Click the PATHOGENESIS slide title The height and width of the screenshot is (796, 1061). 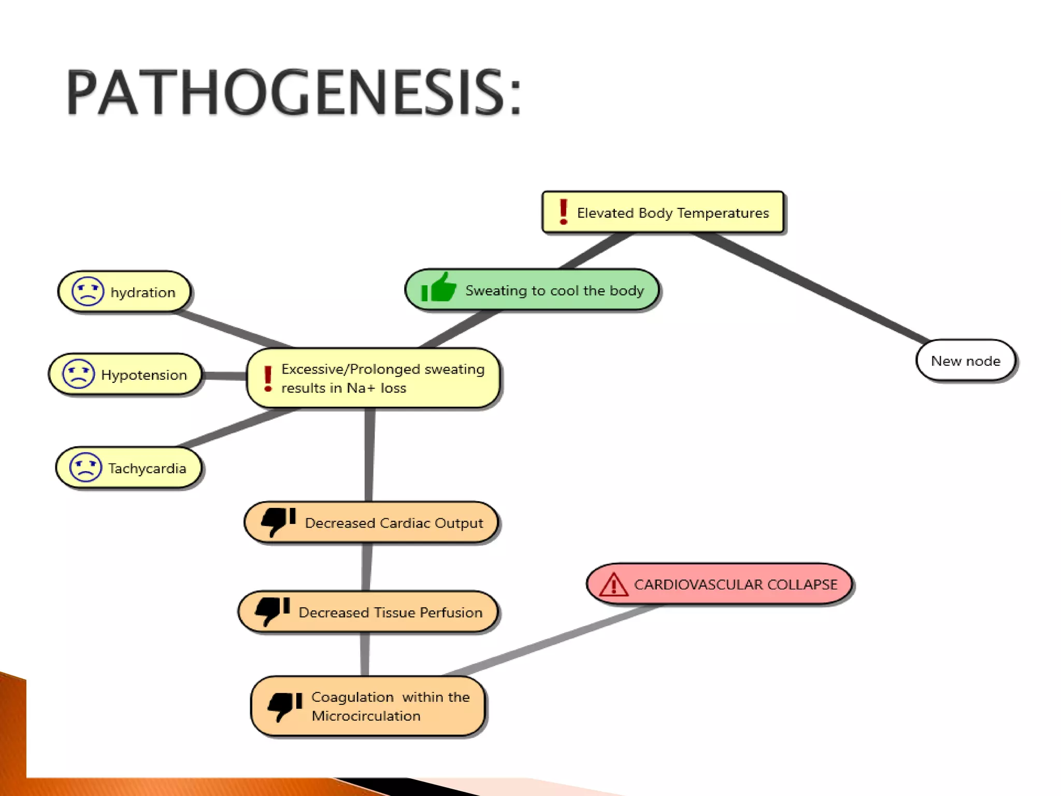click(x=293, y=93)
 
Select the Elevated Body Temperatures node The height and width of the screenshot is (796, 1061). click(x=663, y=212)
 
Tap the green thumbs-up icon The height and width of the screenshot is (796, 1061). click(x=438, y=288)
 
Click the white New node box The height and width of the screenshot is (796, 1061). click(x=965, y=361)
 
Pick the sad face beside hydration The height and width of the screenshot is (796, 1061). click(x=88, y=291)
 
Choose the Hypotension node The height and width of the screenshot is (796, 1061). click(x=125, y=374)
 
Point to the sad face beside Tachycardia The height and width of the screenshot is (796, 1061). click(x=85, y=467)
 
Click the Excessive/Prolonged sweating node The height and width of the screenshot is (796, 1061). click(x=374, y=378)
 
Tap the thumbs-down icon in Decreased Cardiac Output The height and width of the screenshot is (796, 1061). click(x=278, y=521)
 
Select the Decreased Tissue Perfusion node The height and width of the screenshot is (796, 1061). click(x=368, y=612)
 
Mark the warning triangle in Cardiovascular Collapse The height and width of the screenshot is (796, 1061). click(x=613, y=585)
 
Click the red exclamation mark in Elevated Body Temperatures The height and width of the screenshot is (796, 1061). click(x=563, y=212)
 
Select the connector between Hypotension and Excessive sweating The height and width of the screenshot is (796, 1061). click(x=224, y=375)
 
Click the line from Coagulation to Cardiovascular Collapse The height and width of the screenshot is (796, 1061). click(x=549, y=641)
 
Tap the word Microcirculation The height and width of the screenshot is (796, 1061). click(x=366, y=716)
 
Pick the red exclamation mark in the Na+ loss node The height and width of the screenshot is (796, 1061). click(x=268, y=378)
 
